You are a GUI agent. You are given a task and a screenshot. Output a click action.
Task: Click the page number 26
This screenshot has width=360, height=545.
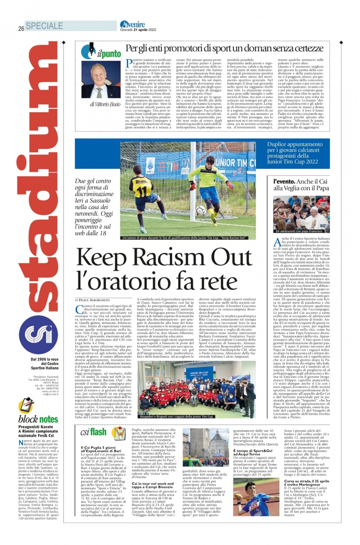point(21,28)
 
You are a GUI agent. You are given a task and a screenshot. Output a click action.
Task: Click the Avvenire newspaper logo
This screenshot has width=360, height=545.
point(132,24)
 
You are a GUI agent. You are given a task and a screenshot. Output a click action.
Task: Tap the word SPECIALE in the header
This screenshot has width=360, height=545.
point(44,26)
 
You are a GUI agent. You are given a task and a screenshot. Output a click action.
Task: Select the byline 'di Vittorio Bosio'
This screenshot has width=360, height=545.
point(105,104)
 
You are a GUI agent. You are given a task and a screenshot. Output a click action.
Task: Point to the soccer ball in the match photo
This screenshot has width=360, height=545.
point(201,210)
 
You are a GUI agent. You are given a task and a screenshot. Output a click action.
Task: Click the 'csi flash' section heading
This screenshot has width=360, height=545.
point(93,432)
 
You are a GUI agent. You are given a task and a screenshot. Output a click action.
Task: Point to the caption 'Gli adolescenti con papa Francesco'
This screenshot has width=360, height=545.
point(299,231)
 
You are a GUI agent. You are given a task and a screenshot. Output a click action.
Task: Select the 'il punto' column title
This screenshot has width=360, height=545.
point(109,54)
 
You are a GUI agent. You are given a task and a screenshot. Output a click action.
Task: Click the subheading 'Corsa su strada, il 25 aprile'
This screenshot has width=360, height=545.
point(306,481)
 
